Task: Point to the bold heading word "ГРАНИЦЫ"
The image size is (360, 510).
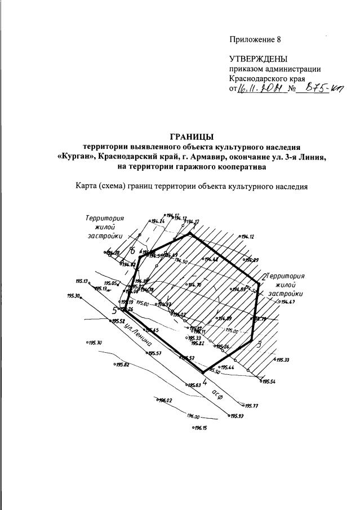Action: (x=192, y=136)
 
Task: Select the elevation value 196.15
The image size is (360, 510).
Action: (x=202, y=428)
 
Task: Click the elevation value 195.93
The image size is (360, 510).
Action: (x=237, y=416)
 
